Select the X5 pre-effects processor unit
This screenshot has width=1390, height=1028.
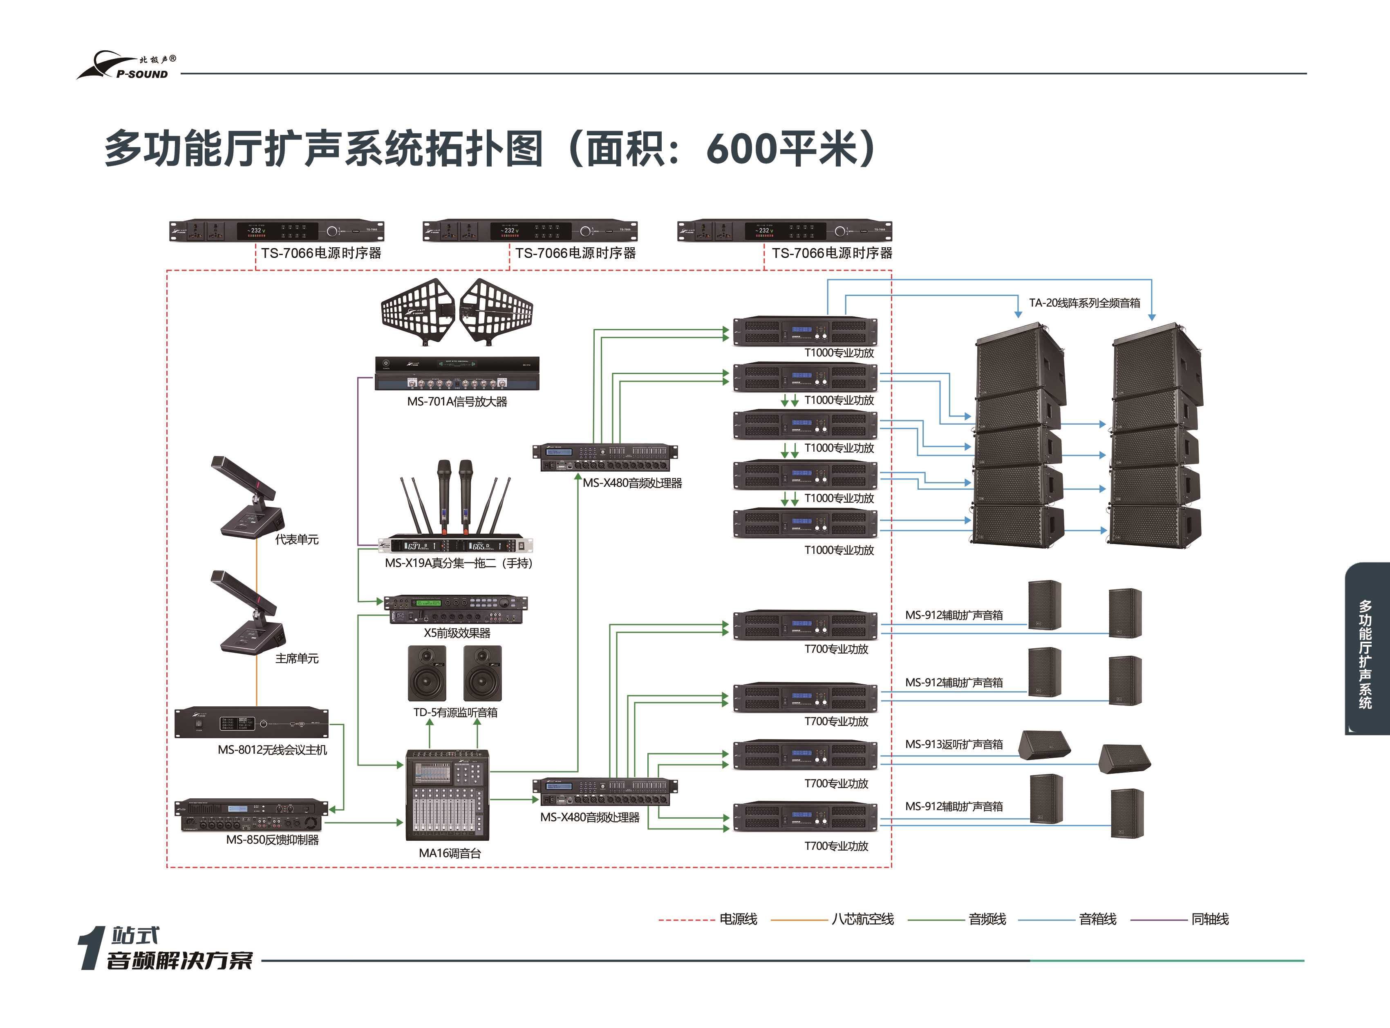click(x=455, y=609)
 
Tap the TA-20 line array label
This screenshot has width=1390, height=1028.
click(x=1085, y=303)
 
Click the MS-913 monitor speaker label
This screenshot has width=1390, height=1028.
click(x=954, y=744)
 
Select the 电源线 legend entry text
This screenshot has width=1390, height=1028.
click(x=738, y=919)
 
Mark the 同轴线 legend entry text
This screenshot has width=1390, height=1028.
click(x=1210, y=919)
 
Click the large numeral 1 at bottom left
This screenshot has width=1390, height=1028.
click(x=92, y=948)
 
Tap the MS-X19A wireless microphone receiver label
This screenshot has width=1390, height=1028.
click(x=459, y=563)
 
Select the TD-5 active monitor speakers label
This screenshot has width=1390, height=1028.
click(x=455, y=712)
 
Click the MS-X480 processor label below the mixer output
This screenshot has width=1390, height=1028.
click(x=590, y=817)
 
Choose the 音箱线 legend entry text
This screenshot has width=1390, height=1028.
click(x=1097, y=919)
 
